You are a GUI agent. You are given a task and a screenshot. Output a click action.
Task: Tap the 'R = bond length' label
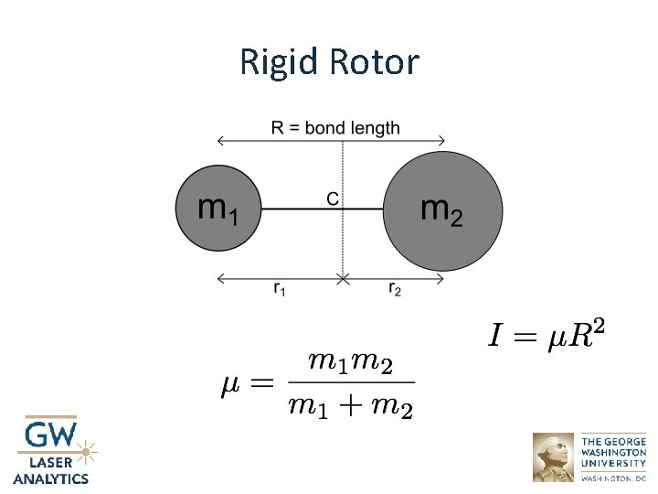coord(335,127)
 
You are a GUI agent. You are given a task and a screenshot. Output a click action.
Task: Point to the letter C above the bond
coord(333,198)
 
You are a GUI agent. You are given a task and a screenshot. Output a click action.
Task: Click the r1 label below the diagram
coord(280,289)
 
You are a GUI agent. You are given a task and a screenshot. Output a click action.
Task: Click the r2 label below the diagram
coord(395,289)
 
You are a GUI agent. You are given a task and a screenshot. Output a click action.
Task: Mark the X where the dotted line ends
coord(343,277)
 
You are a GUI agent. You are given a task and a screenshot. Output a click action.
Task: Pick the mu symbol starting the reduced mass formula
coord(232,383)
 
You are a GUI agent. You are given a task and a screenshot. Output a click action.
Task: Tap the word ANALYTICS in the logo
coord(51,478)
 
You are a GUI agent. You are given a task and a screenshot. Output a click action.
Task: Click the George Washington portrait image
coord(554,457)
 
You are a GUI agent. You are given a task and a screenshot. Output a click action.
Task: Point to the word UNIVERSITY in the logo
coord(613,464)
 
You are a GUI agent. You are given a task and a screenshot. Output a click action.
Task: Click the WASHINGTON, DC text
coord(613,478)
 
